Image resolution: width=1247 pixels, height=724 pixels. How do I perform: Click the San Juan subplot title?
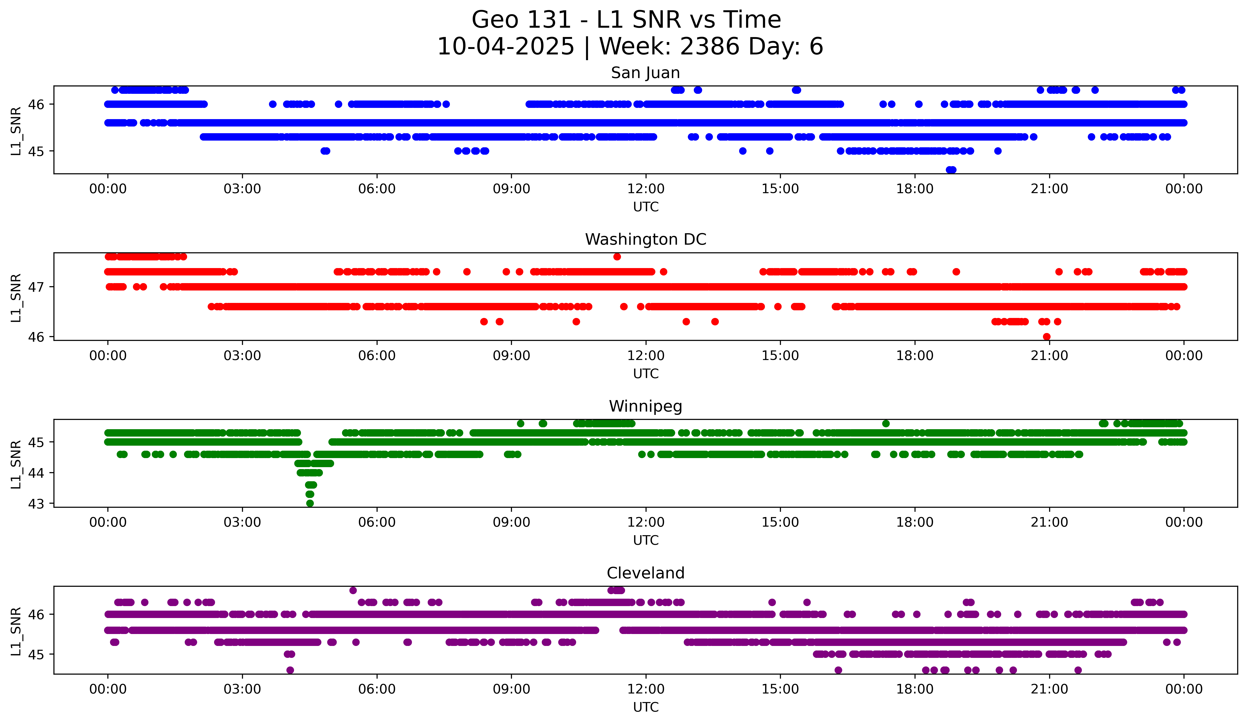pyautogui.click(x=645, y=73)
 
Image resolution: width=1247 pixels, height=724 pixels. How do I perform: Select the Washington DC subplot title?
pyautogui.click(x=645, y=239)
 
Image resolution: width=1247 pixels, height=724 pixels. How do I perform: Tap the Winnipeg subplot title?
pyautogui.click(x=645, y=406)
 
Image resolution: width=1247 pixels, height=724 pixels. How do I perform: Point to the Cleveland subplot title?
pyautogui.click(x=645, y=573)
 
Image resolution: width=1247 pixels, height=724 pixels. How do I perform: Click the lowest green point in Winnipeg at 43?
pyautogui.click(x=310, y=503)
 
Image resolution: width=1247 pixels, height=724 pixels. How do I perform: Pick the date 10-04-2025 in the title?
pyautogui.click(x=506, y=47)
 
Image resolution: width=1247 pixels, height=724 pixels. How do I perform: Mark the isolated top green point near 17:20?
pyautogui.click(x=886, y=423)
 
